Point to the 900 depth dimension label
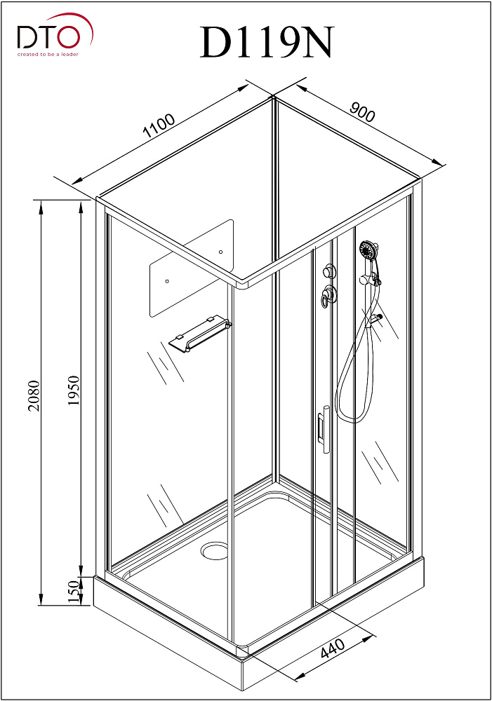pos(362,111)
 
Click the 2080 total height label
pos(35,399)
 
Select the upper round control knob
pos(328,271)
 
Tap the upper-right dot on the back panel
pos(220,252)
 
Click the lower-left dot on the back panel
pos(166,281)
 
